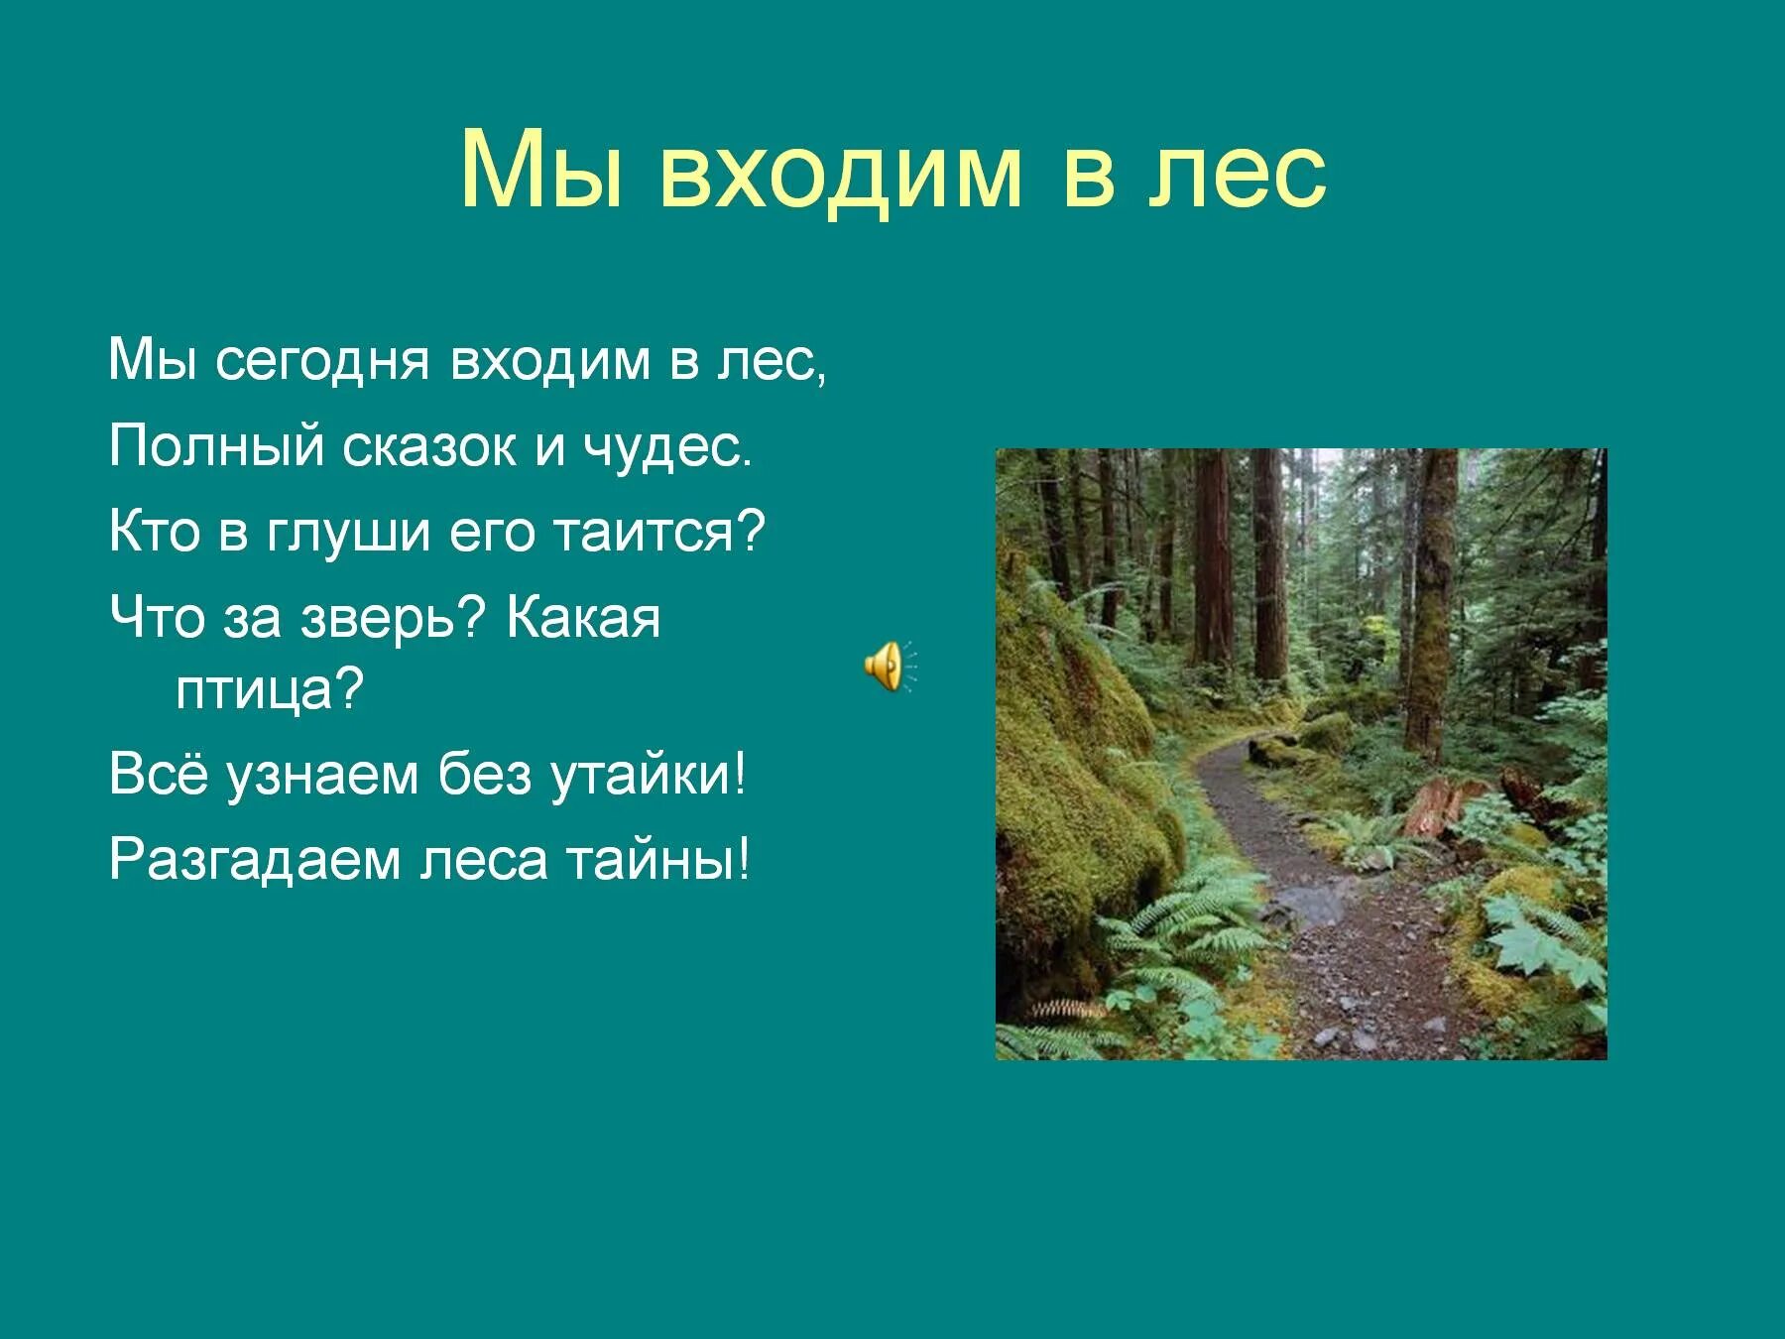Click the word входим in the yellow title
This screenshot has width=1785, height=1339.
[838, 171]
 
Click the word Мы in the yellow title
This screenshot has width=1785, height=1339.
[541, 171]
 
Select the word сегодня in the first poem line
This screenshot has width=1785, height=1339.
[323, 361]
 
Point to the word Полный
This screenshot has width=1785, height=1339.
[216, 446]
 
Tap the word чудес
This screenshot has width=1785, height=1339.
[666, 446]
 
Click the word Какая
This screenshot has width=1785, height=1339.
[583, 618]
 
